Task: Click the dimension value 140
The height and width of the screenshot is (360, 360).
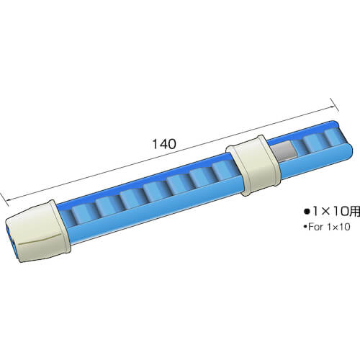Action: pyautogui.click(x=164, y=144)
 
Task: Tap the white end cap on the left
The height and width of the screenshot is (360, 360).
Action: pyautogui.click(x=38, y=231)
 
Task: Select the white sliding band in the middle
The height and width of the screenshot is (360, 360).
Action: pyautogui.click(x=253, y=166)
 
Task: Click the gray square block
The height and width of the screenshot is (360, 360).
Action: pyautogui.click(x=283, y=150)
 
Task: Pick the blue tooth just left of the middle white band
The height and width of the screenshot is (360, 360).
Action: pyautogui.click(x=223, y=169)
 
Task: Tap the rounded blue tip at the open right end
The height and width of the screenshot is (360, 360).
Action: pyautogui.click(x=348, y=153)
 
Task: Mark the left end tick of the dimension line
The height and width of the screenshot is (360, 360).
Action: pyautogui.click(x=4, y=199)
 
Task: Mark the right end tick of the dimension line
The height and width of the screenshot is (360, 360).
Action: pyautogui.click(x=334, y=105)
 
